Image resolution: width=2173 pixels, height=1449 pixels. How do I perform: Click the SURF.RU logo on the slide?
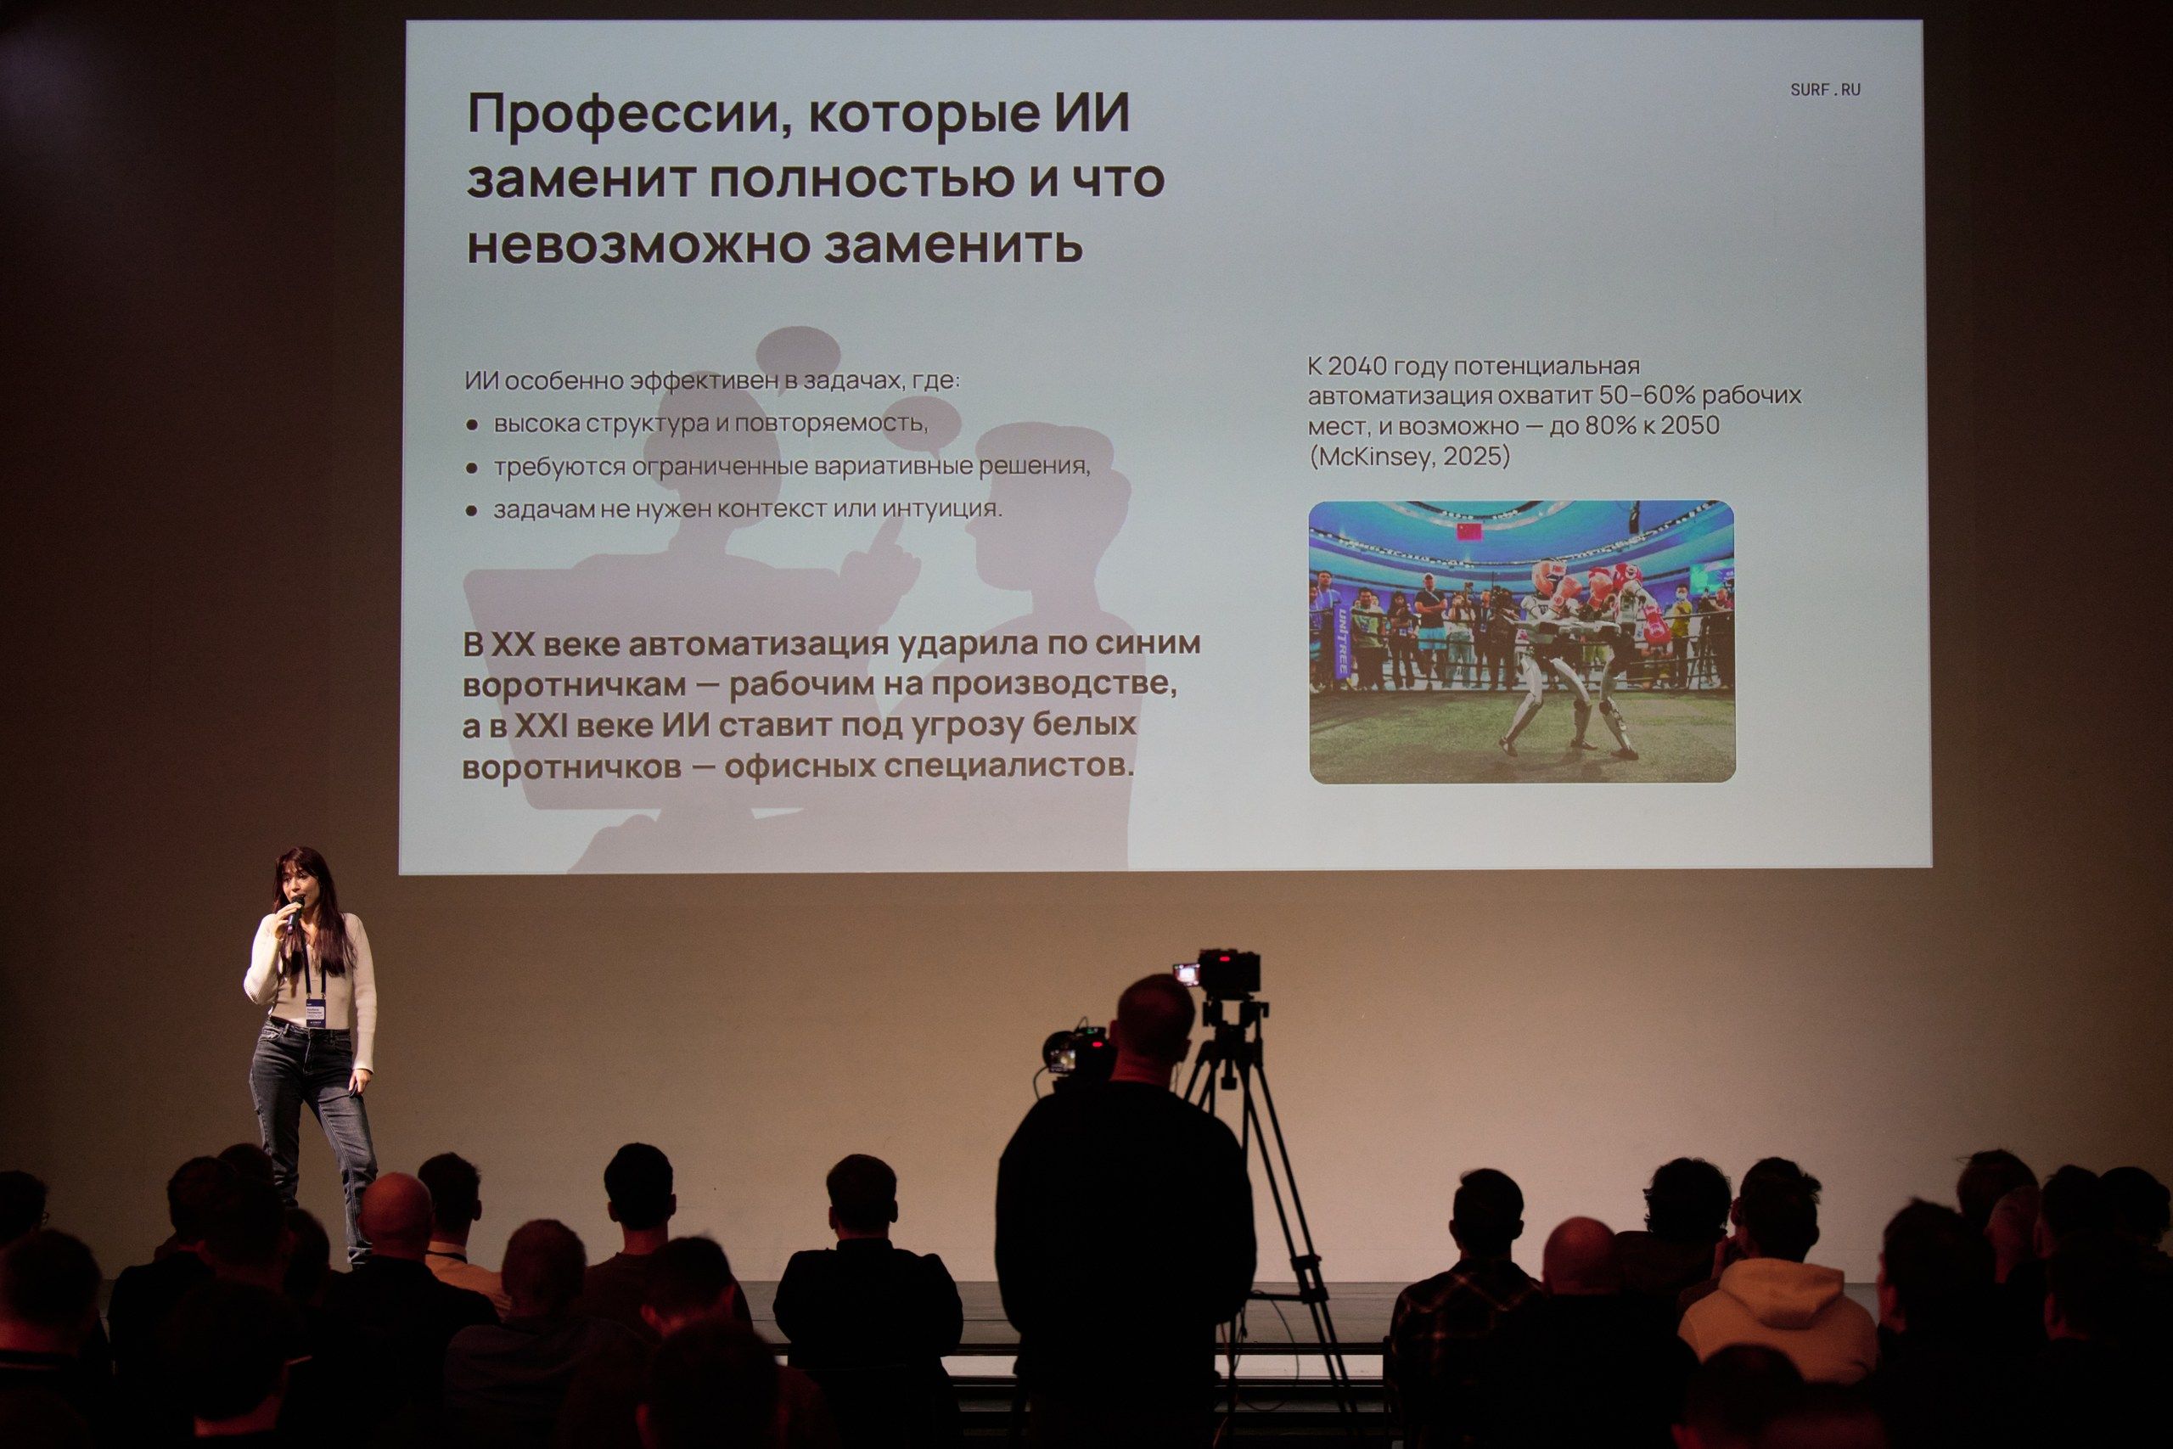[x=1825, y=90]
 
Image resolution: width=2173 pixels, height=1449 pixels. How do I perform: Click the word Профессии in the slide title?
[x=615, y=115]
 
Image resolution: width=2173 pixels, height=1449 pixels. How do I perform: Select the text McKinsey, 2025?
[x=1409, y=457]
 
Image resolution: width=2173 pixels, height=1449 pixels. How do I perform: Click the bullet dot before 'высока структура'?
[x=472, y=425]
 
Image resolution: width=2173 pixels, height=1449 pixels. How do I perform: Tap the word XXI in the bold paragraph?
[x=540, y=727]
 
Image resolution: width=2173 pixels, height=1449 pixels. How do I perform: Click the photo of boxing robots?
[x=1522, y=643]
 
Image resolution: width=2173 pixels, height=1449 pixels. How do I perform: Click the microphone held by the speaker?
[x=294, y=910]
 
